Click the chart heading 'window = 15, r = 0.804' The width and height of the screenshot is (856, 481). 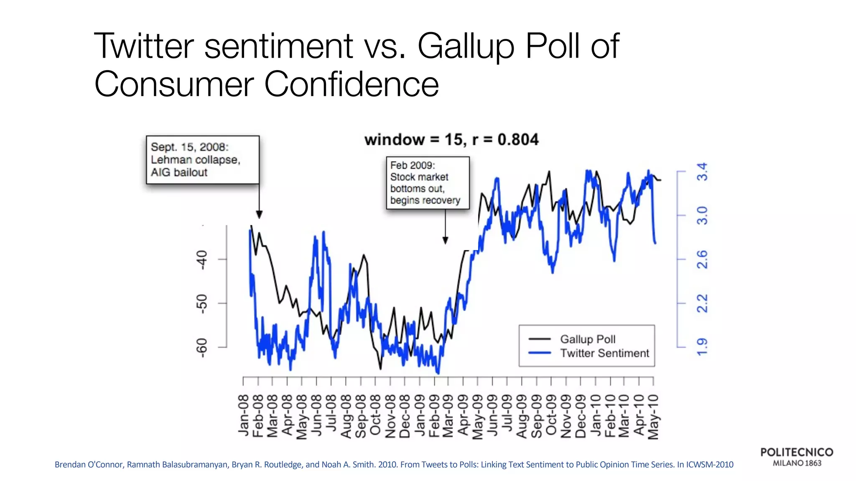[x=451, y=139]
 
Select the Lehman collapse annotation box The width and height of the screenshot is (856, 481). [x=203, y=159]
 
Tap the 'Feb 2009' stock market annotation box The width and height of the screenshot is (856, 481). [x=428, y=182]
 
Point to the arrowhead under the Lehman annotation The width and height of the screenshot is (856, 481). [x=259, y=215]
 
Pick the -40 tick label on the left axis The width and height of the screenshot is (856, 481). [x=202, y=260]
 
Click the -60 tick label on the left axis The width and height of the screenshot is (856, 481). [x=202, y=347]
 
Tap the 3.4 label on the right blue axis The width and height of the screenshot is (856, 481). [x=703, y=171]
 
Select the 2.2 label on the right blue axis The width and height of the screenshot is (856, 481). [x=703, y=303]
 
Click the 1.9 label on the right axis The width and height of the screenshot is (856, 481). [x=703, y=347]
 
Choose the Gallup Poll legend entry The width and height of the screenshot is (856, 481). [x=587, y=339]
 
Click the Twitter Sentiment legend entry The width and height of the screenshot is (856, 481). [x=604, y=353]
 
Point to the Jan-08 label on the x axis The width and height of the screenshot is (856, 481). [x=244, y=415]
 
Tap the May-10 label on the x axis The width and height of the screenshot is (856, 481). [x=653, y=416]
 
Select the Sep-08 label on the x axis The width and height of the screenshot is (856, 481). [x=361, y=415]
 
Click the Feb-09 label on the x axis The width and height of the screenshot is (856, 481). [x=434, y=415]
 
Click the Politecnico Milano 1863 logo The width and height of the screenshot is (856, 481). [x=797, y=457]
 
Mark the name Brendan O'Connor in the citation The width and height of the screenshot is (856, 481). [x=89, y=465]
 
